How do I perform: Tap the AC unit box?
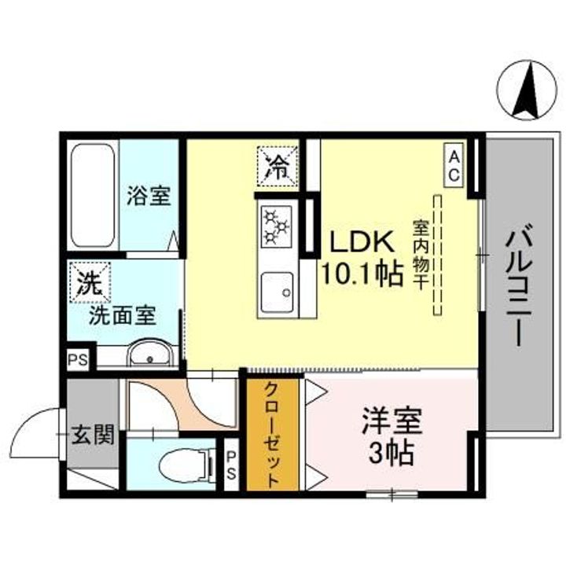[454, 165]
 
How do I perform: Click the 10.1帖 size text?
[361, 274]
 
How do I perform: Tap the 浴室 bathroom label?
[149, 196]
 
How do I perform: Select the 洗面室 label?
[122, 315]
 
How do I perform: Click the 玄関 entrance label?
[94, 433]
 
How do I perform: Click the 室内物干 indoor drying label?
[420, 254]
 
